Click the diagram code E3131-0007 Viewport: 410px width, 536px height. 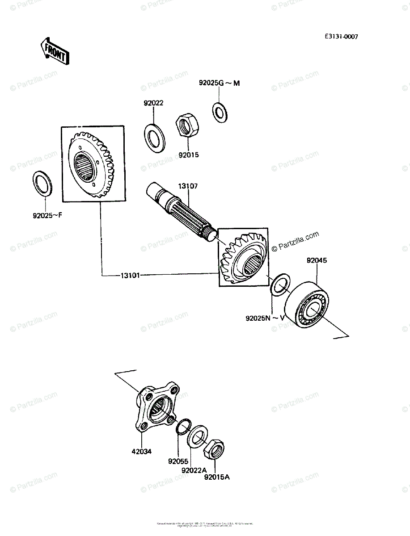[341, 37]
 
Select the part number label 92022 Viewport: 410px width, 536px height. [153, 103]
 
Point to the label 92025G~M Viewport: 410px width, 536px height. [220, 83]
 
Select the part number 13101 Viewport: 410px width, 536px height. [130, 275]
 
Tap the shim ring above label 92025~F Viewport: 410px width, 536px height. [42, 183]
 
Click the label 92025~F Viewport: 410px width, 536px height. [46, 215]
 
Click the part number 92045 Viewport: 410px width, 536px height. [317, 260]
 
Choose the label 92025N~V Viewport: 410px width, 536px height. [265, 318]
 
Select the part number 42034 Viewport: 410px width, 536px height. [141, 451]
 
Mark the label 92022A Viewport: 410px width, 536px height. [194, 470]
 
